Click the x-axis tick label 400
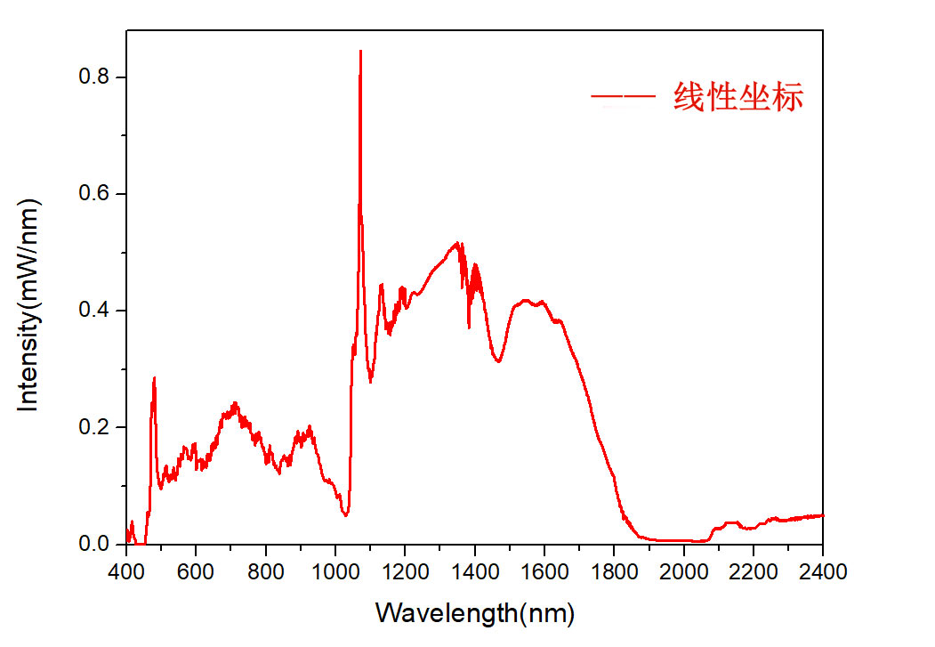(125, 570)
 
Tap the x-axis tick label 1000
(335, 570)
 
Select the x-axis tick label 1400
(474, 570)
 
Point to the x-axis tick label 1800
(614, 570)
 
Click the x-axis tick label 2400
(822, 570)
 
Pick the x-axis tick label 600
(196, 570)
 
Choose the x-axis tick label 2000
(683, 570)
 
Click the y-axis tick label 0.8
(96, 77)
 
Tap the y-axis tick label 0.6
(96, 194)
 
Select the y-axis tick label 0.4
(96, 311)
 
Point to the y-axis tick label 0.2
(96, 427)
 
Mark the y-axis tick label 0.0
(96, 544)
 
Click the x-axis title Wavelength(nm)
(474, 613)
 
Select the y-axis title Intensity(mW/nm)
(30, 304)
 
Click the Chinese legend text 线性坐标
(738, 96)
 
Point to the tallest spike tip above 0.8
(360, 51)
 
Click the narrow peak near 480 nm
(154, 378)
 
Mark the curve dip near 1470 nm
(499, 361)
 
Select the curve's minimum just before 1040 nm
(346, 514)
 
